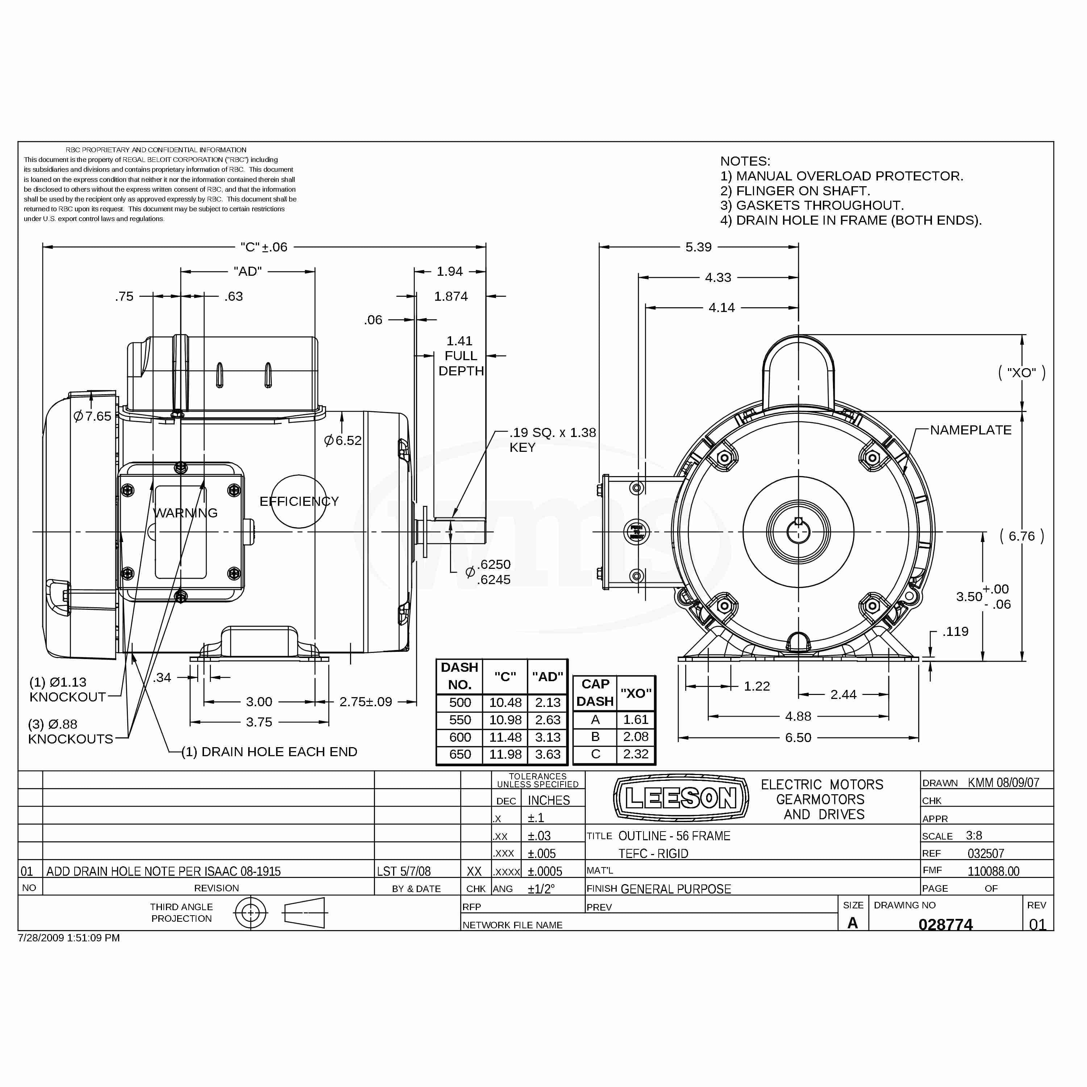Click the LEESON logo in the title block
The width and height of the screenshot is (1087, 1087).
click(x=681, y=798)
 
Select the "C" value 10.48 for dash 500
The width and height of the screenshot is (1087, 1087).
click(x=505, y=703)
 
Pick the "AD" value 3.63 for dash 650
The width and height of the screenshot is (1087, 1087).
click(x=547, y=754)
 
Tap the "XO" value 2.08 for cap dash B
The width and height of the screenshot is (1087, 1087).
click(x=636, y=737)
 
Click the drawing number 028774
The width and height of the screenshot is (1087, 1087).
click(x=945, y=924)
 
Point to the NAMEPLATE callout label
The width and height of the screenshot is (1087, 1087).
click(x=971, y=430)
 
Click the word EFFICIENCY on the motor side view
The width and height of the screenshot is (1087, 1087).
click(x=299, y=501)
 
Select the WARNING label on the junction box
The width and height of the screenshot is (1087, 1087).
click(x=185, y=513)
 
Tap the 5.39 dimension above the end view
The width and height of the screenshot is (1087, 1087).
click(x=698, y=247)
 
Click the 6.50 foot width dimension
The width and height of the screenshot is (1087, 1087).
click(x=798, y=738)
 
